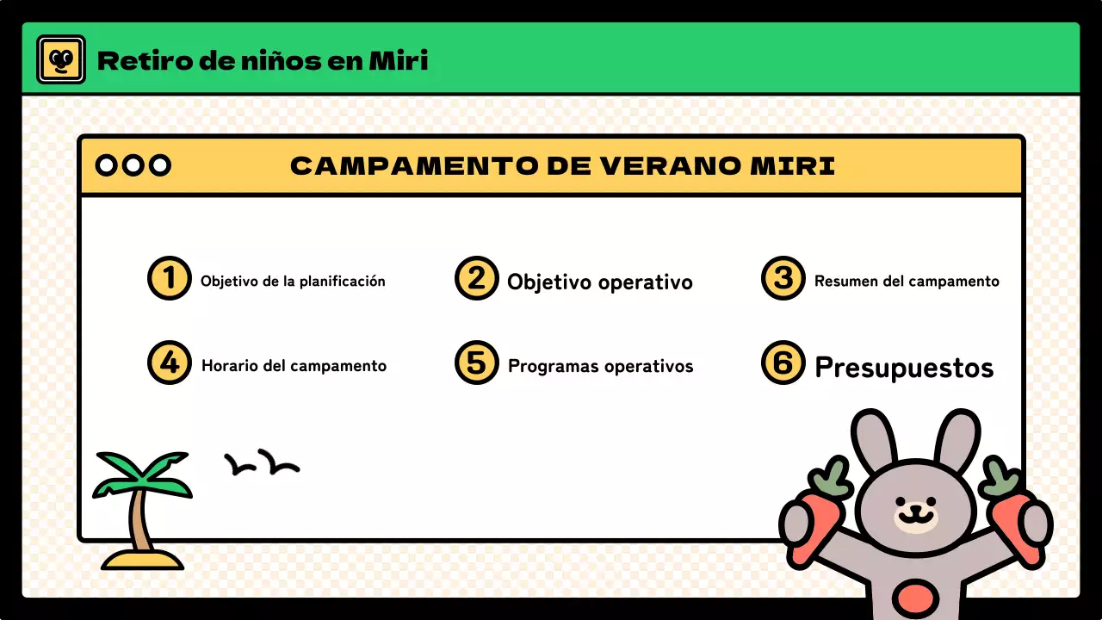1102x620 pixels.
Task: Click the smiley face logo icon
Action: point(60,59)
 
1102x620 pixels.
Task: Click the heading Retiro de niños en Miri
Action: point(263,61)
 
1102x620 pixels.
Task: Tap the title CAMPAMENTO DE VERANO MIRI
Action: point(562,166)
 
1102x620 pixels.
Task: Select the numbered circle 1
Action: point(169,278)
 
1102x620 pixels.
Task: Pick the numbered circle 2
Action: point(476,278)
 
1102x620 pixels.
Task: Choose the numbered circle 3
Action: point(783,278)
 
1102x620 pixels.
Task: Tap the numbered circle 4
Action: point(169,363)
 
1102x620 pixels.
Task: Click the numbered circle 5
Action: point(476,363)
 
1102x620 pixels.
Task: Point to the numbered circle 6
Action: point(783,363)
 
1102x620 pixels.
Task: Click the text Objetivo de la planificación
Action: point(293,281)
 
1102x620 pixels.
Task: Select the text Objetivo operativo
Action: point(599,282)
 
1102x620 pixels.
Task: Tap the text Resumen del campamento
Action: point(907,281)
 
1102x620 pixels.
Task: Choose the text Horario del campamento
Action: point(294,365)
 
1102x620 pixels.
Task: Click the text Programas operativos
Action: point(600,366)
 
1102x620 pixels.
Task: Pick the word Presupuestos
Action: point(904,368)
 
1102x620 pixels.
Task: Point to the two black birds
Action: point(262,464)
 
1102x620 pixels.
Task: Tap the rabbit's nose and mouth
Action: point(915,515)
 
